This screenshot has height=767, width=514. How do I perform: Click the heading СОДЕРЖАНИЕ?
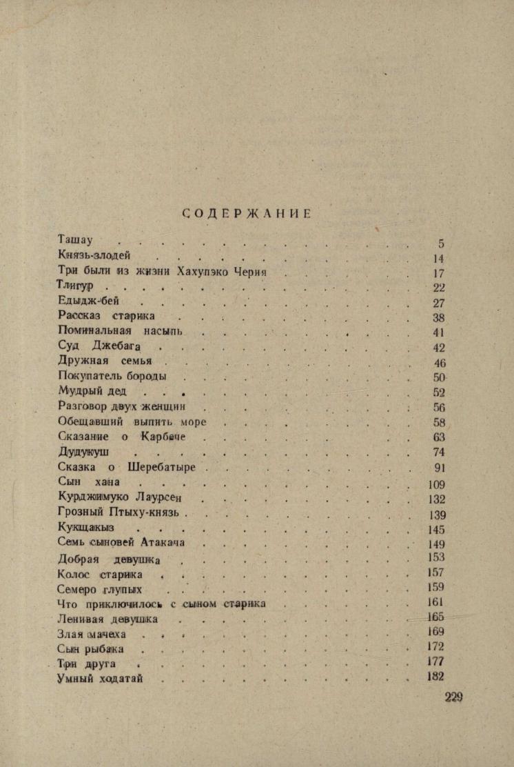click(247, 214)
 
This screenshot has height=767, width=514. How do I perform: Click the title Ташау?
click(75, 240)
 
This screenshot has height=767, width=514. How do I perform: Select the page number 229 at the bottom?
click(453, 697)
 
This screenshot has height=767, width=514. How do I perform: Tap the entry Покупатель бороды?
click(112, 377)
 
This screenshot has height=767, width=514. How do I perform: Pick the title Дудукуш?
click(85, 452)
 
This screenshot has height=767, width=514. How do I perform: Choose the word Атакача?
click(163, 542)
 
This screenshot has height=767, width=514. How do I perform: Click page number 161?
click(436, 602)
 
